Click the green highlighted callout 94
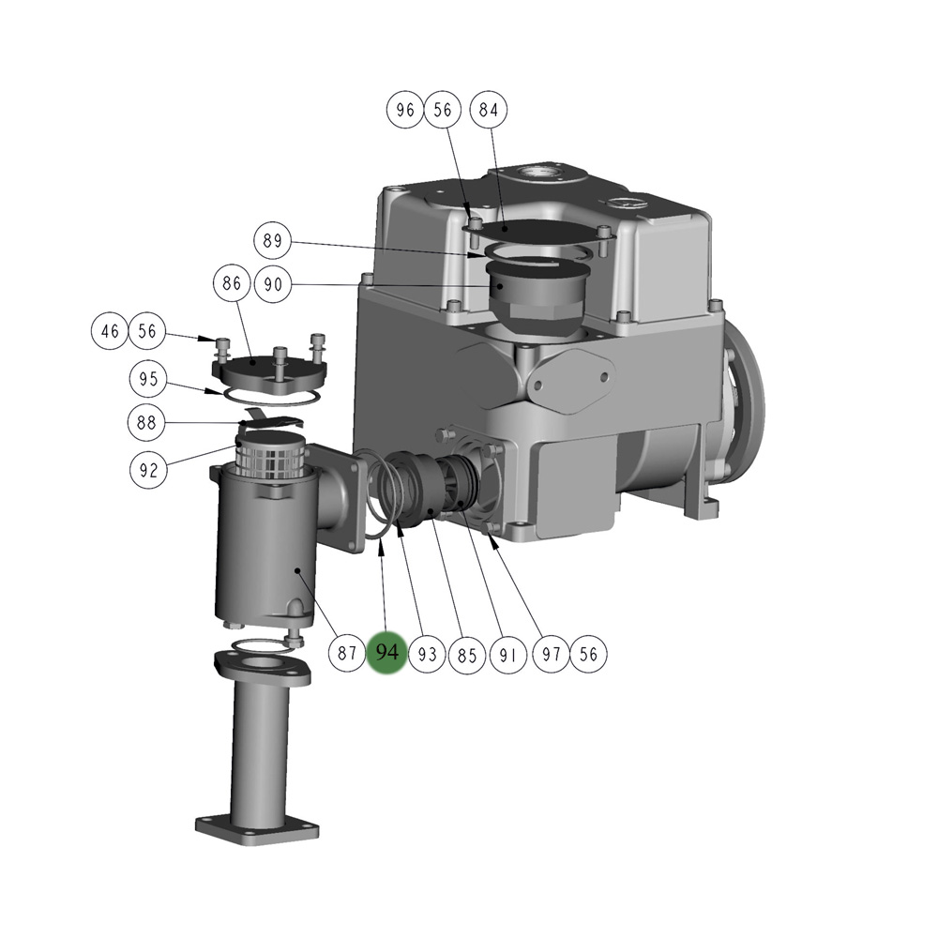(386, 653)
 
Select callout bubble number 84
(489, 110)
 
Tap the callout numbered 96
(405, 110)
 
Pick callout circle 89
(272, 240)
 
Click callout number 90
(273, 284)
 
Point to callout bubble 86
(232, 283)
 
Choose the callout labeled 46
(110, 331)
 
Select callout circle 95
(148, 379)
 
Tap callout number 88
(146, 423)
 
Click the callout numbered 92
(148, 470)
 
